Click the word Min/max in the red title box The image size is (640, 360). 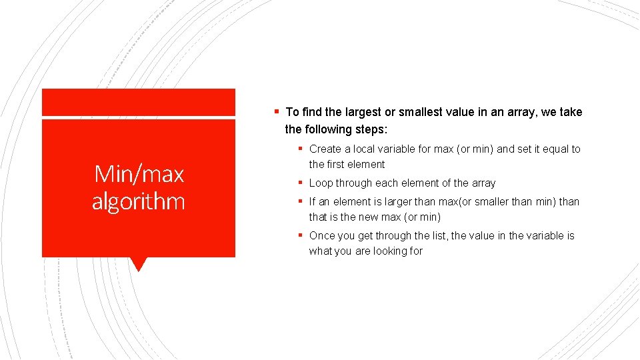point(139,174)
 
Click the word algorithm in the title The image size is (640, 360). point(139,201)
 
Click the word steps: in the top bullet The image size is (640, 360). point(369,129)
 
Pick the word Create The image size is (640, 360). point(325,149)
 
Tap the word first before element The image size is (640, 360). point(337,165)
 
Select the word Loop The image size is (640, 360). point(321,183)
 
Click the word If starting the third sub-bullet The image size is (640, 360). point(312,201)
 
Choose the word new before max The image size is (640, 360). point(369,217)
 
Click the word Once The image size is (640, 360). point(322,236)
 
